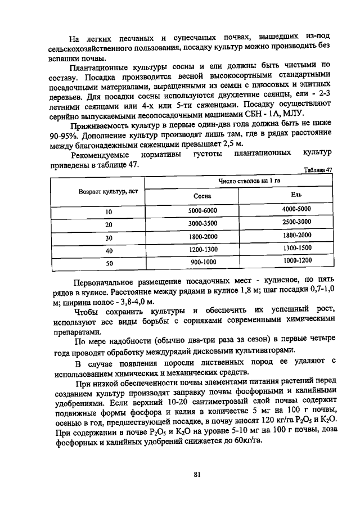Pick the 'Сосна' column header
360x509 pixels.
click(x=202, y=196)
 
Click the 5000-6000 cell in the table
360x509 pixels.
click(x=202, y=210)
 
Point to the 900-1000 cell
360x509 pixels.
click(x=202, y=262)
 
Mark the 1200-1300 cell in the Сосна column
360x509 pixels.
click(x=202, y=249)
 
